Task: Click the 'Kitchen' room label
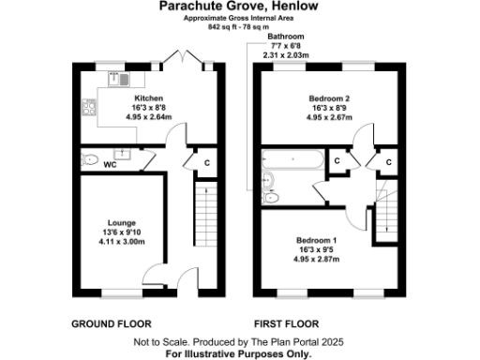pos(150,97)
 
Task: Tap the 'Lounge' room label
pos(121,222)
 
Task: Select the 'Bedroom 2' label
pos(329,97)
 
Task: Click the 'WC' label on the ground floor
pos(110,164)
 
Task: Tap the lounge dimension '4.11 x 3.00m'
pos(121,240)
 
